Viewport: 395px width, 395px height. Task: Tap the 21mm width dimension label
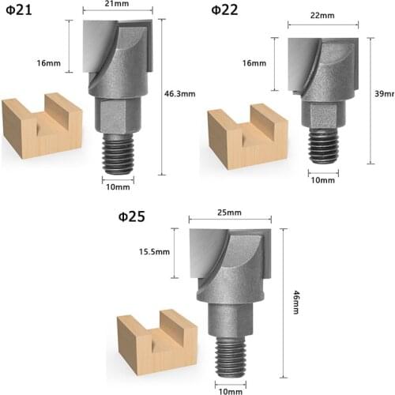tap(118, 5)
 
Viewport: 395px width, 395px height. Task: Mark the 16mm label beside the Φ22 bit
tap(254, 63)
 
